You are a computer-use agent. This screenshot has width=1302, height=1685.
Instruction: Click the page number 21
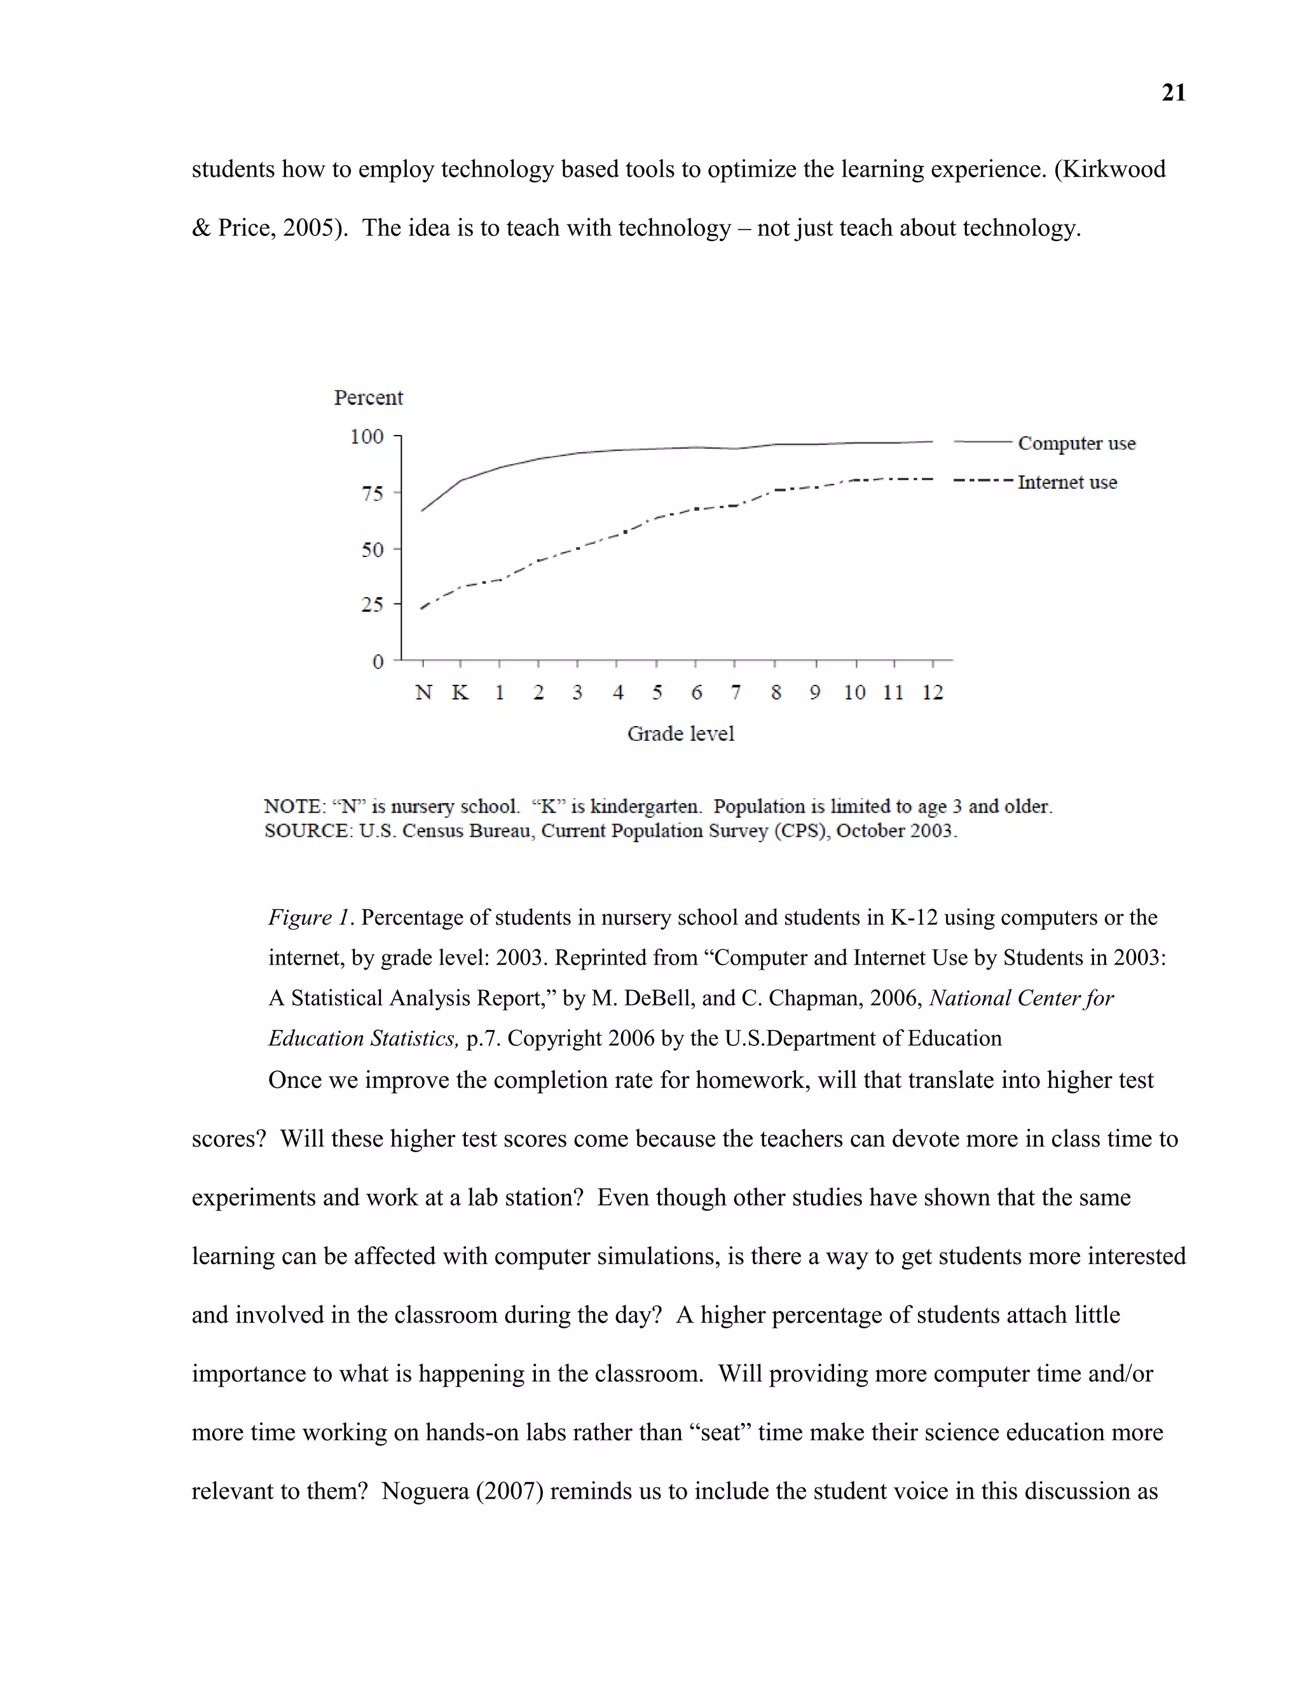point(1173,93)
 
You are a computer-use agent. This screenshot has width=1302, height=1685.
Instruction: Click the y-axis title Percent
point(368,397)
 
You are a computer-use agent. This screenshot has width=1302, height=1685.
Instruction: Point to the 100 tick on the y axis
point(367,437)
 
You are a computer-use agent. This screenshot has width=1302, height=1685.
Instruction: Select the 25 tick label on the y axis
point(373,605)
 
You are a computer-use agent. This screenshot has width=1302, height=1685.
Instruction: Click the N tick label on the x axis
point(423,693)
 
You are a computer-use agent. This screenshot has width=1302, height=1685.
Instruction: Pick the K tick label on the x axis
point(460,693)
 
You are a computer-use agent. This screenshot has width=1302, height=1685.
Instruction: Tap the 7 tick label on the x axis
point(736,693)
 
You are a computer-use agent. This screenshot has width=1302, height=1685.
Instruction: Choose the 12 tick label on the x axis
point(933,693)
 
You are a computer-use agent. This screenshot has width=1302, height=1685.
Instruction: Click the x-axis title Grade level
point(680,734)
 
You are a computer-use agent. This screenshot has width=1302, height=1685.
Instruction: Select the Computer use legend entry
point(1076,444)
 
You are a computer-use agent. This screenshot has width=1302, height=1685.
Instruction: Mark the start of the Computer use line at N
point(422,511)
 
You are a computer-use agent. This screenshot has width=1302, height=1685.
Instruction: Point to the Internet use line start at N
point(422,609)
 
